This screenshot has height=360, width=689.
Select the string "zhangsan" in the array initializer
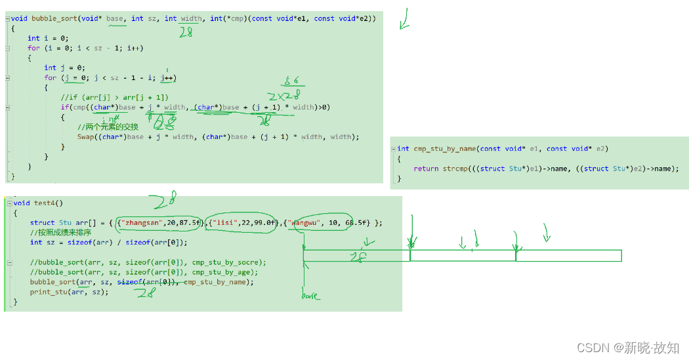pyautogui.click(x=140, y=222)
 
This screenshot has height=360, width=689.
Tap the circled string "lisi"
pyautogui.click(x=227, y=222)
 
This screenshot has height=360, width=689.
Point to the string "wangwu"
pyautogui.click(x=309, y=222)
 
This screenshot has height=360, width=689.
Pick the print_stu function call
pyautogui.click(x=49, y=292)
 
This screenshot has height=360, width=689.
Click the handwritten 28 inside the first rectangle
pyautogui.click(x=358, y=258)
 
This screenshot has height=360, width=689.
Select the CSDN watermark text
pyautogui.click(x=628, y=348)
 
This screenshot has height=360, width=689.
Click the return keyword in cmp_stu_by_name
pyautogui.click(x=426, y=169)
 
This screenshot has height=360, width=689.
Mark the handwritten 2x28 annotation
pyautogui.click(x=283, y=96)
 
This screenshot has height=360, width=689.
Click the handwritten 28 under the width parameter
pyautogui.click(x=186, y=32)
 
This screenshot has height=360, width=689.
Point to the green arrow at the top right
pyautogui.click(x=404, y=20)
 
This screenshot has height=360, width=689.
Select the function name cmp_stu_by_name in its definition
pyautogui.click(x=444, y=149)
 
